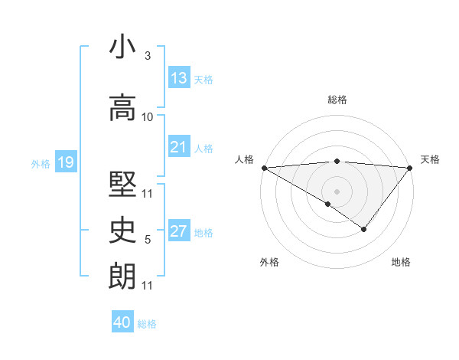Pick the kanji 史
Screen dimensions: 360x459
click(122, 227)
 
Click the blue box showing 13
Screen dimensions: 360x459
click(179, 78)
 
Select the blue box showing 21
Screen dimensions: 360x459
click(179, 148)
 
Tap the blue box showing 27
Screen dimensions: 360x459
click(179, 232)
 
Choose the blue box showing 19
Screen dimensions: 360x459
click(65, 162)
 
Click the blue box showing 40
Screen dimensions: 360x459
click(122, 322)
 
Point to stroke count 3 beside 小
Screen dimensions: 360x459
click(148, 56)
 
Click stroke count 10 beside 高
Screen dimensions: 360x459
click(148, 117)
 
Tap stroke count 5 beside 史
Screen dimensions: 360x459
click(148, 240)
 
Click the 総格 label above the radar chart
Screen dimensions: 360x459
click(337, 100)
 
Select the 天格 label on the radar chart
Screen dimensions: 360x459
click(431, 159)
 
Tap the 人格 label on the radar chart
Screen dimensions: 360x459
click(244, 159)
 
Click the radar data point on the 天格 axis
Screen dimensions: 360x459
click(411, 167)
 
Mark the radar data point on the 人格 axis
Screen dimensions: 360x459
click(263, 167)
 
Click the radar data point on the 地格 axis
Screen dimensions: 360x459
click(364, 229)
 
